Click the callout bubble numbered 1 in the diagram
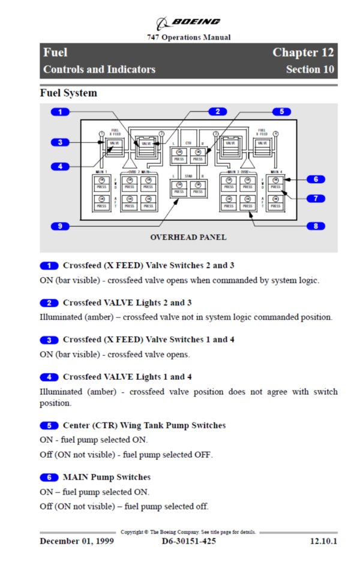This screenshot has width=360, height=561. [60, 112]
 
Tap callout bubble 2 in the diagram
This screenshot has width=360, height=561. [217, 112]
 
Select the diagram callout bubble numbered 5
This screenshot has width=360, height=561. [281, 112]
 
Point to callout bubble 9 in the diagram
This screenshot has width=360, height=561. [60, 226]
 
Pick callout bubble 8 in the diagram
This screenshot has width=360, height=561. [315, 226]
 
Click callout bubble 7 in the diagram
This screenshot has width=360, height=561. [315, 198]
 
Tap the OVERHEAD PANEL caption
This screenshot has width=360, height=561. [188, 238]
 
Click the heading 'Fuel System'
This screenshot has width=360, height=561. [68, 94]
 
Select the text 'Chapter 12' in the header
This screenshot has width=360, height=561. [303, 52]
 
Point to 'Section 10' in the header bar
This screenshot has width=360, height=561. [310, 70]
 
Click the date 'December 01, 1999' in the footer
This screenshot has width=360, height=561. [77, 541]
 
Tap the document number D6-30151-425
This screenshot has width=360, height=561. [189, 541]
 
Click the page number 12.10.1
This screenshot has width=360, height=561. [323, 541]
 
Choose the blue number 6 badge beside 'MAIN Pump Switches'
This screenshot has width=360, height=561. [49, 478]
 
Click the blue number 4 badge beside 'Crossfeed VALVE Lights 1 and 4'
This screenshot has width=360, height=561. [49, 377]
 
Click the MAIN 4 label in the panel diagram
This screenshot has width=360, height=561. [275, 172]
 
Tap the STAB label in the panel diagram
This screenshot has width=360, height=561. [188, 176]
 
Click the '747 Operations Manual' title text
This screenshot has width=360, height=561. [188, 37]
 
